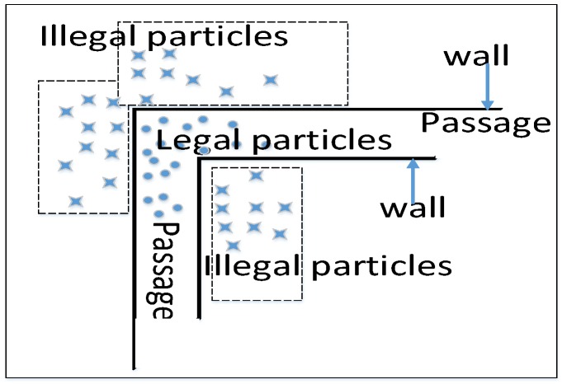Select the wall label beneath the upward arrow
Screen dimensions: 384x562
click(412, 206)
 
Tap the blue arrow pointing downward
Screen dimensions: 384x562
click(489, 87)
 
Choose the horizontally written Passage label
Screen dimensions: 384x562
click(485, 124)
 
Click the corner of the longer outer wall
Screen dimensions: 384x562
click(135, 110)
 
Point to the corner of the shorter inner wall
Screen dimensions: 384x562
click(200, 158)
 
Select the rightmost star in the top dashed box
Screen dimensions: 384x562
click(271, 80)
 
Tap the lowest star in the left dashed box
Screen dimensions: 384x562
click(75, 200)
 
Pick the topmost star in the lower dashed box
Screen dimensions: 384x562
click(256, 175)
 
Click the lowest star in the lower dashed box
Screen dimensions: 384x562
click(234, 245)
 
